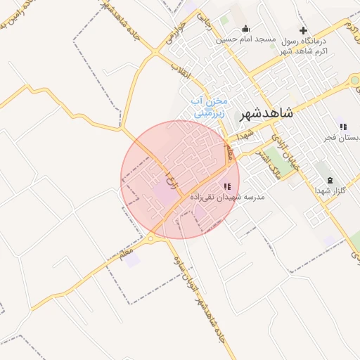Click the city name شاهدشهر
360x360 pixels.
click(261, 113)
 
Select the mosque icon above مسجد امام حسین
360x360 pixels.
click(245, 29)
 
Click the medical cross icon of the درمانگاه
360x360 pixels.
click(303, 30)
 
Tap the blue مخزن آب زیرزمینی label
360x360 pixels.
click(210, 106)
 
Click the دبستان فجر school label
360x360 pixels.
click(342, 138)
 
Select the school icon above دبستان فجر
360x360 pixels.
click(342, 127)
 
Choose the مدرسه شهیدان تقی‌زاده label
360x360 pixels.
click(233, 198)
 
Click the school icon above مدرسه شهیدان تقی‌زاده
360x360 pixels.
click(226, 187)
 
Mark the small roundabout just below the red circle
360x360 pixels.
click(151, 239)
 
